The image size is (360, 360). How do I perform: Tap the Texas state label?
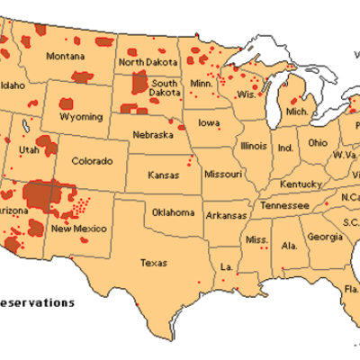point(154,263)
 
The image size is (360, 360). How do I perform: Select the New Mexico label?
point(78,229)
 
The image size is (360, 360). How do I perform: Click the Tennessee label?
point(282,205)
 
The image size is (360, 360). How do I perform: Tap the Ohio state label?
point(318,142)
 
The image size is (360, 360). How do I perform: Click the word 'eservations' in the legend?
point(38,302)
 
